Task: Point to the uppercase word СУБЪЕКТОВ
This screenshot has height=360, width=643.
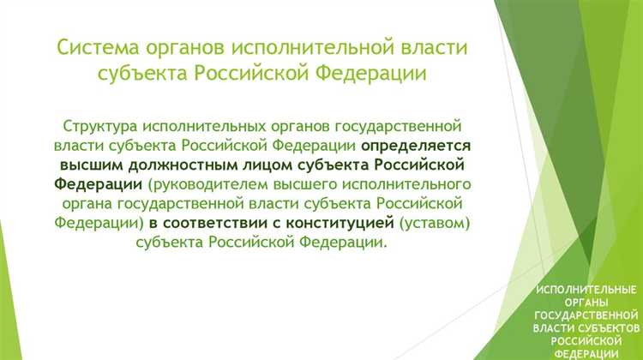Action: click(x=610, y=328)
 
